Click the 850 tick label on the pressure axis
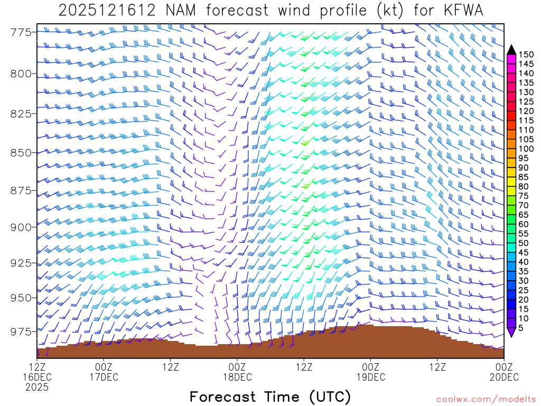pos(21,152)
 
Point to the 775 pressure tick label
pos(21,32)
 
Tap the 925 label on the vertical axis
pos(21,262)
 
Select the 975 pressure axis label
pos(21,331)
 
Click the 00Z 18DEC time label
pos(237,372)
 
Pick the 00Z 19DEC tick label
pos(370,372)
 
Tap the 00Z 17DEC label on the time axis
pos(104,372)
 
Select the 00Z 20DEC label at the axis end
pos(503,372)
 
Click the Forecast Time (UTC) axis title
pos(270,396)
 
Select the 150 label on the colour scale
pos(526,54)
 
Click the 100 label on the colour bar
pos(526,149)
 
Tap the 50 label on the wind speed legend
pos(524,243)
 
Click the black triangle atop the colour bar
pos(511,49)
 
